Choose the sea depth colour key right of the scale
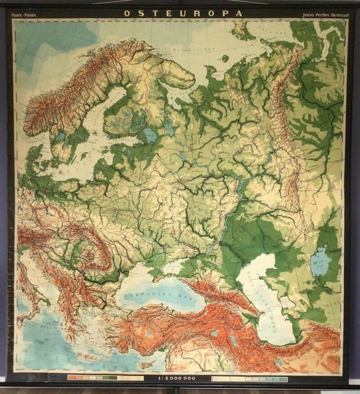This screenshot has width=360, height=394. pyautogui.click(x=252, y=379)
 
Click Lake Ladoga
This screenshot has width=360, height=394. pyautogui.click(x=149, y=135)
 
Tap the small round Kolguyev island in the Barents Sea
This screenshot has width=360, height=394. pyautogui.click(x=225, y=58)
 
